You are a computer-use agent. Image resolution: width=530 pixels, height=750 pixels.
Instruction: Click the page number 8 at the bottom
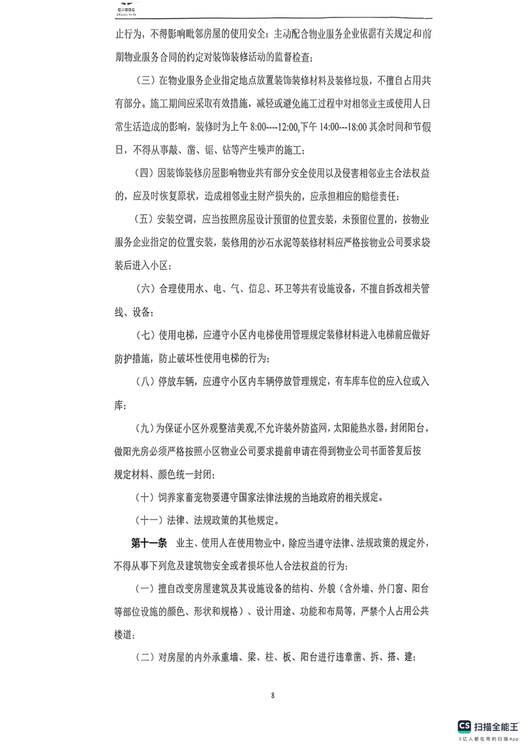[x=273, y=696]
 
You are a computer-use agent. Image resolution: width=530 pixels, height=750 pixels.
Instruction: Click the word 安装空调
[x=176, y=219]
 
